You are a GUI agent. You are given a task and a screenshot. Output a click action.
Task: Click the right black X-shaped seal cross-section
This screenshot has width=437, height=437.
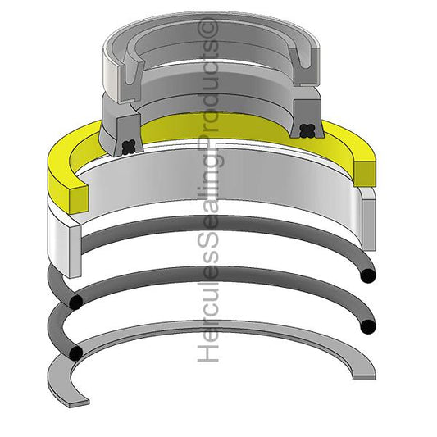point(307,130)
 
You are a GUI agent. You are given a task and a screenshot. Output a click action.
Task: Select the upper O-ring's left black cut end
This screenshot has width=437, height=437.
point(75,303)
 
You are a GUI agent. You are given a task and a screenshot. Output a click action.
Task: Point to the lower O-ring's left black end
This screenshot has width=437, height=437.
point(75,353)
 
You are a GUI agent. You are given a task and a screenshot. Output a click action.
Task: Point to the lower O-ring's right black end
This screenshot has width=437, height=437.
point(368,326)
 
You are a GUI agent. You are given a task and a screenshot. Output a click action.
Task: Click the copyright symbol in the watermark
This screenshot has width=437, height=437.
point(211,28)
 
